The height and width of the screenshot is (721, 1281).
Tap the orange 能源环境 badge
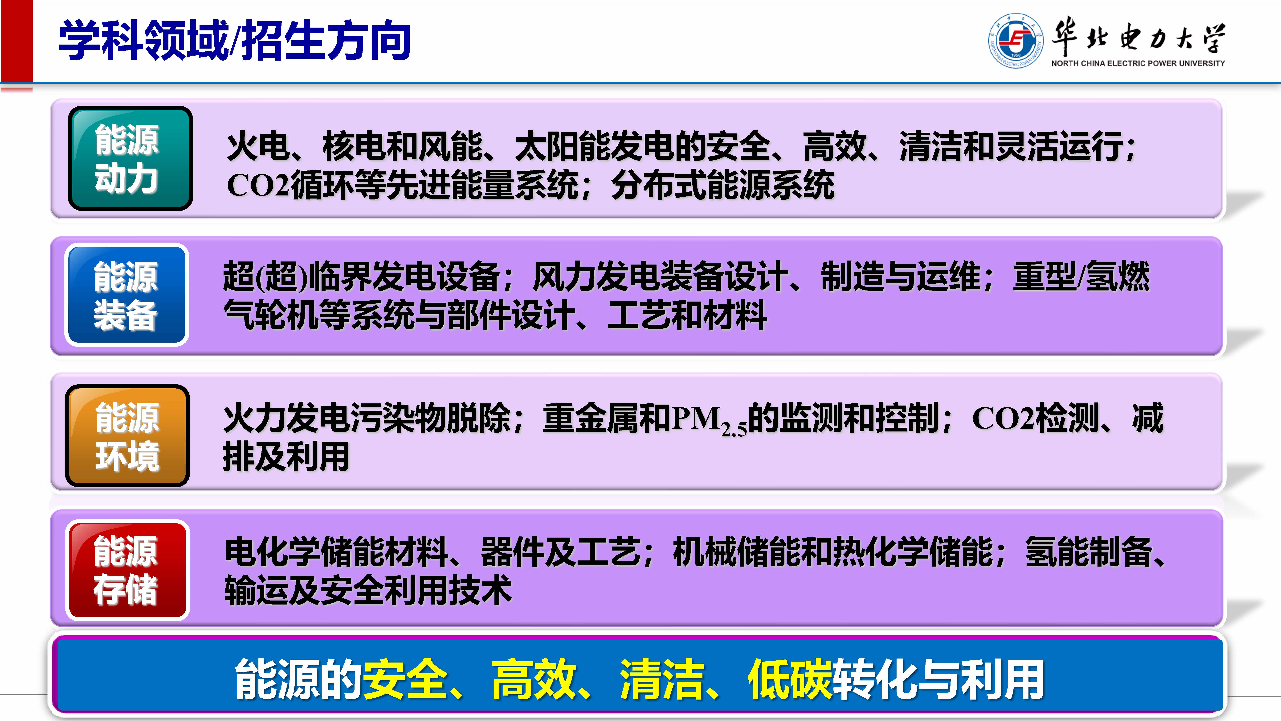(x=127, y=436)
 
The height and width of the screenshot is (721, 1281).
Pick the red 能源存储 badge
(x=127, y=570)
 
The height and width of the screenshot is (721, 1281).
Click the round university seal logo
(x=1015, y=41)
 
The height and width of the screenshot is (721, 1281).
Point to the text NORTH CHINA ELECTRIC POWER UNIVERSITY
(x=1138, y=63)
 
